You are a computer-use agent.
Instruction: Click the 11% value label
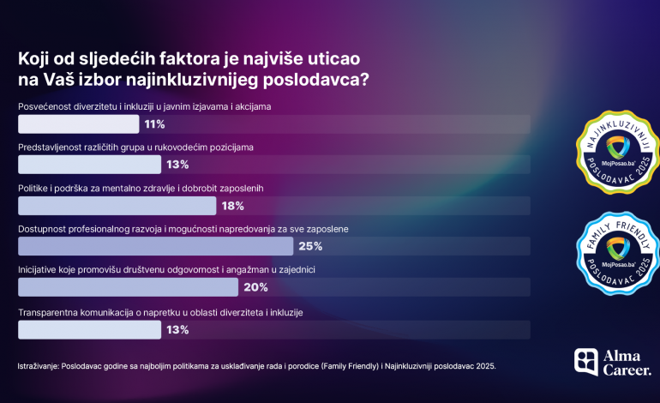pyautogui.click(x=154, y=124)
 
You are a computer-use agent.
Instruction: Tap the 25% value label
pyautogui.click(x=309, y=246)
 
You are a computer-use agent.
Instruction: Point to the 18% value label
pyautogui.click(x=232, y=206)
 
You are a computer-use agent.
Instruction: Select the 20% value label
pyautogui.click(x=255, y=287)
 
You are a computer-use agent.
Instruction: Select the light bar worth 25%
pyautogui.click(x=157, y=246)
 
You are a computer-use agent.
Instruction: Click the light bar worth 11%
pyautogui.click(x=78, y=124)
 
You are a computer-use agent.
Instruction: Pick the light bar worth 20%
pyautogui.click(x=128, y=287)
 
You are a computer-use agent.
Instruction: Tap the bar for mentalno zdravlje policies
pyautogui.click(x=117, y=206)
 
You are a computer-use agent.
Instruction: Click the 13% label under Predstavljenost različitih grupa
pyautogui.click(x=177, y=165)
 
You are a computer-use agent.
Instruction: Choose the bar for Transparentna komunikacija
pyautogui.click(x=89, y=328)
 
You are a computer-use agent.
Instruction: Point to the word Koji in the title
pyautogui.click(x=33, y=58)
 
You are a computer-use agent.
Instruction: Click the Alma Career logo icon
pyautogui.click(x=586, y=362)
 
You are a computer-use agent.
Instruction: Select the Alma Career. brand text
pyautogui.click(x=627, y=363)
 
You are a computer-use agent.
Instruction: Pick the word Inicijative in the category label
pyautogui.click(x=38, y=269)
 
